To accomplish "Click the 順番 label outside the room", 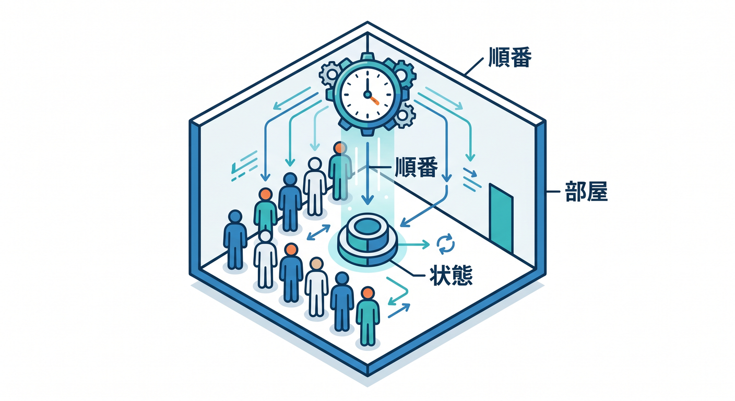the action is tap(510, 57).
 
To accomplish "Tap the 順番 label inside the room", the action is tap(417, 168).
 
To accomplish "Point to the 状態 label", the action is tap(451, 276).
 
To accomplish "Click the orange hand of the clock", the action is tap(373, 99).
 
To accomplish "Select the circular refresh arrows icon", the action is tap(446, 244).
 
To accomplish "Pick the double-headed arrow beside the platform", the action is tap(318, 232).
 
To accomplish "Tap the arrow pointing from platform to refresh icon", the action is tap(413, 244).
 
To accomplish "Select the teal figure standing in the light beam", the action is tap(340, 171).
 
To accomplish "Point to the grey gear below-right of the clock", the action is tap(404, 115).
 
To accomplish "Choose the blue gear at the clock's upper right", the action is tap(401, 73).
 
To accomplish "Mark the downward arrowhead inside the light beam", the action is tap(367, 199).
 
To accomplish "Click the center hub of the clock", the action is tap(367, 95).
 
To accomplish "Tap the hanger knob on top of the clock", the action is tap(367, 56).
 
